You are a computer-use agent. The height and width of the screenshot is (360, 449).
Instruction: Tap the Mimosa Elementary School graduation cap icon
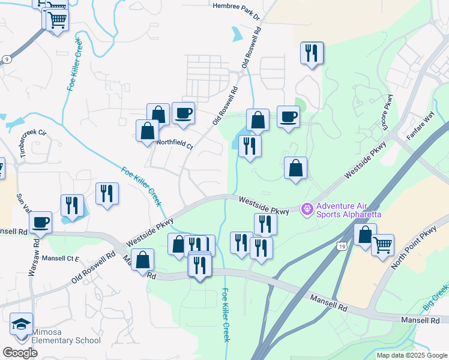pyautogui.click(x=22, y=324)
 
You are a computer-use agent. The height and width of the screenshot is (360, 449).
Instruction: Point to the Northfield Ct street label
pyautogui.click(x=175, y=145)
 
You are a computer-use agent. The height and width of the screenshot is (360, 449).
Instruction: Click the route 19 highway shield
pyautogui.click(x=341, y=247)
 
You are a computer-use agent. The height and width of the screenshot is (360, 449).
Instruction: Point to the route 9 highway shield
pyautogui.click(x=7, y=59)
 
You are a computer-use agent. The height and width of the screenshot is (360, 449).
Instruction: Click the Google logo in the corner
pyautogui.click(x=20, y=353)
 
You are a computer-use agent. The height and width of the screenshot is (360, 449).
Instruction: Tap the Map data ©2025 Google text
pyautogui.click(x=412, y=355)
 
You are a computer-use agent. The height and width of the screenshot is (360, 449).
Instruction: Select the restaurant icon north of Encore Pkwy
pyautogui.click(x=312, y=53)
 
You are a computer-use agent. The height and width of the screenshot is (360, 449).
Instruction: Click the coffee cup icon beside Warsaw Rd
pyautogui.click(x=41, y=221)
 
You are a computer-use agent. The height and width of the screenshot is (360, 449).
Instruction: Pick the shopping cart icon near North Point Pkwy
pyautogui.click(x=382, y=244)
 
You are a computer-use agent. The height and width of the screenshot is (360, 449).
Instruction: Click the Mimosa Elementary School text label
pyautogui.click(x=66, y=336)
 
